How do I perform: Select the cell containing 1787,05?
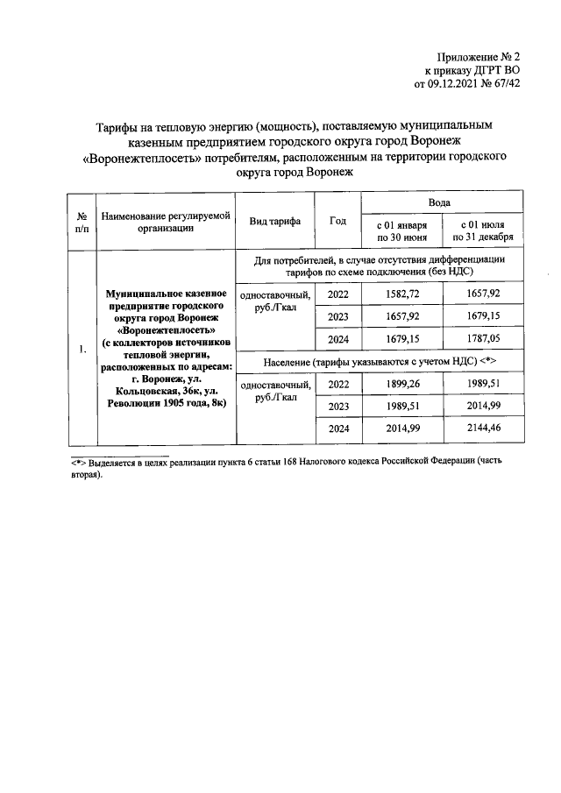pos(486,339)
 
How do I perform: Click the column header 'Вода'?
pos(444,202)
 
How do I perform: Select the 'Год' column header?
pos(337,222)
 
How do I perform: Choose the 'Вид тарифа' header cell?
pos(274,222)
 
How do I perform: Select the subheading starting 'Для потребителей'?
pos(380,266)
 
